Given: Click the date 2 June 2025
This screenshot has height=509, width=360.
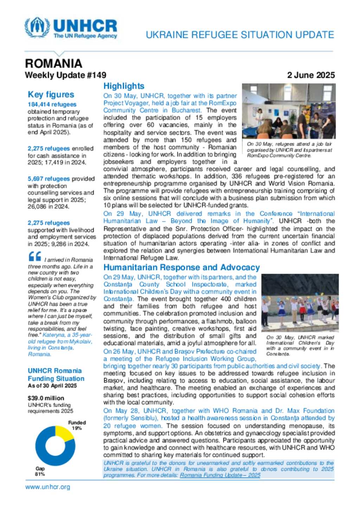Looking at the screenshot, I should (x=311, y=75).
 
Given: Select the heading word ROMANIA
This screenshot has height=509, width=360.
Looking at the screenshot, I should (x=53, y=64).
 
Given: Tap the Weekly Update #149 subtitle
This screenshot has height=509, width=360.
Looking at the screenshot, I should (x=65, y=75).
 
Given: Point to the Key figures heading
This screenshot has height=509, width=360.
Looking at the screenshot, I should (x=51, y=94).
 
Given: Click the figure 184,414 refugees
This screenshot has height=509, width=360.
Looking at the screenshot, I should (x=52, y=104).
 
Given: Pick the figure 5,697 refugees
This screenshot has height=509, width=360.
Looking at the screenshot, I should (x=49, y=179).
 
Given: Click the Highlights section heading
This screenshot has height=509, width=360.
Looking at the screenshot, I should (x=124, y=86).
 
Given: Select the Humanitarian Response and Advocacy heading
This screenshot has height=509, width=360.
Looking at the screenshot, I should (x=181, y=267).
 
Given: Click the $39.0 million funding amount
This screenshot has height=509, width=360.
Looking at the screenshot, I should (x=46, y=398).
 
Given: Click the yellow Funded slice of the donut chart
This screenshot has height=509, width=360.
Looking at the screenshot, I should (x=64, y=433).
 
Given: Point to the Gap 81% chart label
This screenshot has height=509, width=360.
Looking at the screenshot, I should (x=40, y=471).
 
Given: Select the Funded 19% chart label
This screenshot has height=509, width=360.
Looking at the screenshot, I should (x=77, y=425).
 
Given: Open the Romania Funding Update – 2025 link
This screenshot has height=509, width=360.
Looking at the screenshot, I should (x=220, y=475).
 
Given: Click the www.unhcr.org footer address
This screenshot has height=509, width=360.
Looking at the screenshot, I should (x=47, y=487).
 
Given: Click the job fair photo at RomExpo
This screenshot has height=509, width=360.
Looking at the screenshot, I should (x=289, y=111).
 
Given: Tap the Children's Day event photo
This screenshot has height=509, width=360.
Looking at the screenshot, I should (x=300, y=303).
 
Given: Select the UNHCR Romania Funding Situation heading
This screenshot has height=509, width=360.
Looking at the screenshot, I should (x=56, y=374).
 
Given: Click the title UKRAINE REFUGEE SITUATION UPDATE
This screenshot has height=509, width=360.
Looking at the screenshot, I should (x=240, y=35).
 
